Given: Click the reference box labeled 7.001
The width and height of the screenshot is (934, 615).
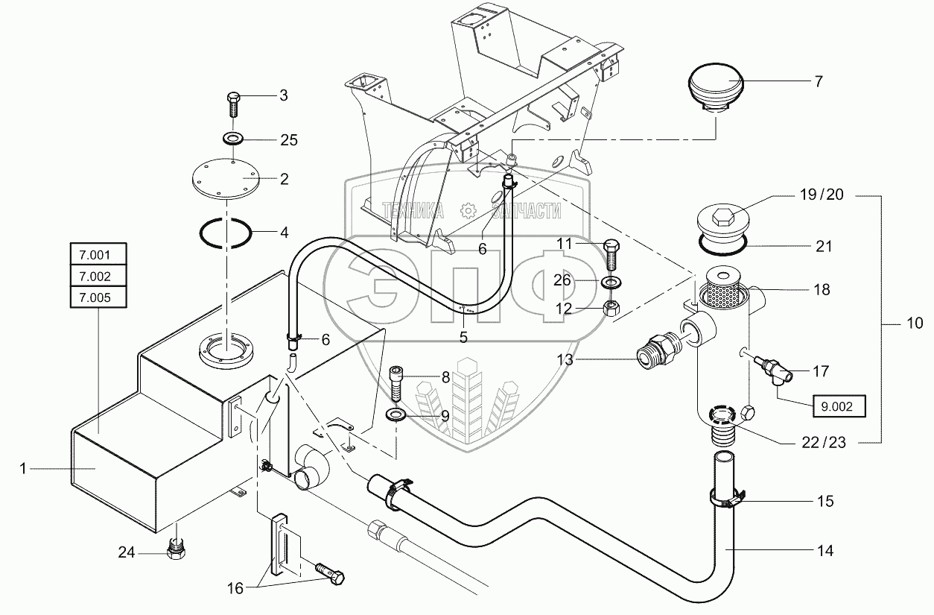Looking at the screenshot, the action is [98, 254].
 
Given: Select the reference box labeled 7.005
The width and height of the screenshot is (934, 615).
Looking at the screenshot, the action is [98, 297].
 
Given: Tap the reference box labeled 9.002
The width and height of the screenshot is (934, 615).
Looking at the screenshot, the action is [839, 406].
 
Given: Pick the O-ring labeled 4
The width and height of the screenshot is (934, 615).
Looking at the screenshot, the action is [226, 233].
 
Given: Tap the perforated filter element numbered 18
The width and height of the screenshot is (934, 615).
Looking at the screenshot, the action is [720, 289].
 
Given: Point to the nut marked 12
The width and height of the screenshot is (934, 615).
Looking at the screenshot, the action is [611, 309].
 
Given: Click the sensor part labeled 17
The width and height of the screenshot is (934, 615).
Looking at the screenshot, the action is [774, 370].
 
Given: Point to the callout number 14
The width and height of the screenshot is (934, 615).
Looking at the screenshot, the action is [825, 550].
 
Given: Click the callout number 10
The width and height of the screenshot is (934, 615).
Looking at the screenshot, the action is [915, 323].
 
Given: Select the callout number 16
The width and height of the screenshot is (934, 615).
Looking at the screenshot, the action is [235, 588].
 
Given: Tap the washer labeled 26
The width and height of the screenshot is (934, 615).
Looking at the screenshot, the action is [611, 283].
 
